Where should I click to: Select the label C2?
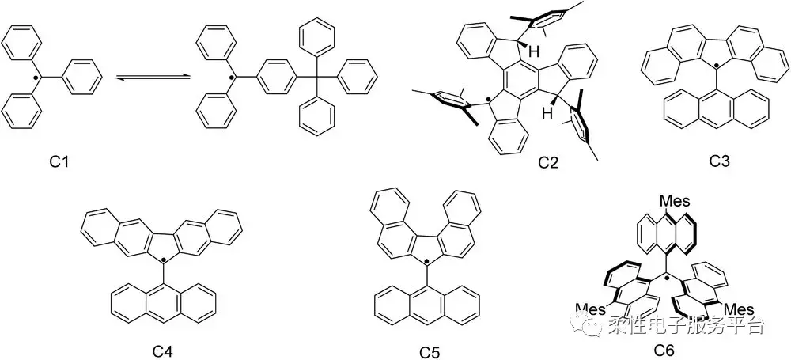click(547, 163)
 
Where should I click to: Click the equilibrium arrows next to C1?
click(153, 77)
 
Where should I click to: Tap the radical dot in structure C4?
click(163, 260)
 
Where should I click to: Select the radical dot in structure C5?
click(426, 260)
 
